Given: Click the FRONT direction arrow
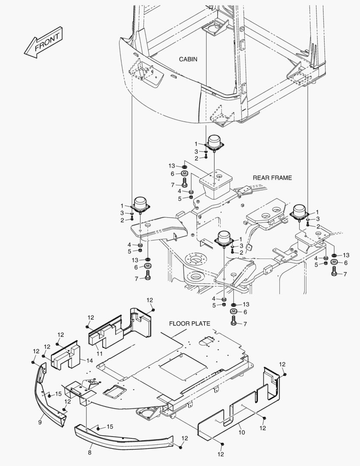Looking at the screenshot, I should point(43,43).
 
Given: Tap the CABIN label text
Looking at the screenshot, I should point(188,59).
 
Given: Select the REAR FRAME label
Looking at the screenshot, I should point(272,177).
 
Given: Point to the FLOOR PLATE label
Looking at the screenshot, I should point(189,323).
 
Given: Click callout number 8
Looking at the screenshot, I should point(89,453).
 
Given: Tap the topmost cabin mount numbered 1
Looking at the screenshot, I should point(214,142).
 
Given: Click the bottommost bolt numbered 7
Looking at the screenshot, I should point(234,321).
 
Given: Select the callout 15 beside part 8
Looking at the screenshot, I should point(110,427).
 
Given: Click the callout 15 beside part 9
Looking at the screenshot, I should point(58,394).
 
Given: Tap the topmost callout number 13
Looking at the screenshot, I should point(172,166).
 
